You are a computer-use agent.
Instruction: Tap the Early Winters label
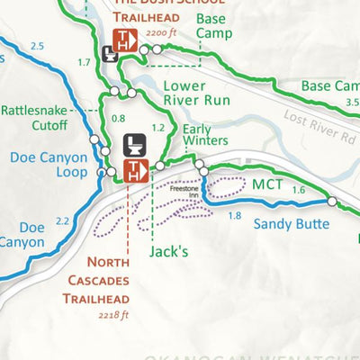point(204,134)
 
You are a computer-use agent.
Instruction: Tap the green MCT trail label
point(267,185)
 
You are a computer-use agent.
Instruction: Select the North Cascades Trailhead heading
point(101,281)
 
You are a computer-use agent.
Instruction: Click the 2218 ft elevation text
point(114,315)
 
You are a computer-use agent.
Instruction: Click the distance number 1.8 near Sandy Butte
point(235,216)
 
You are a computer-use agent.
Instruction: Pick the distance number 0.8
point(118,118)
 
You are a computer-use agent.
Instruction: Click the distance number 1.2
point(158,128)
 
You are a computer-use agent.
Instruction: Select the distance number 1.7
point(84,62)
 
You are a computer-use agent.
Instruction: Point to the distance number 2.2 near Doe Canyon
point(61,221)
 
